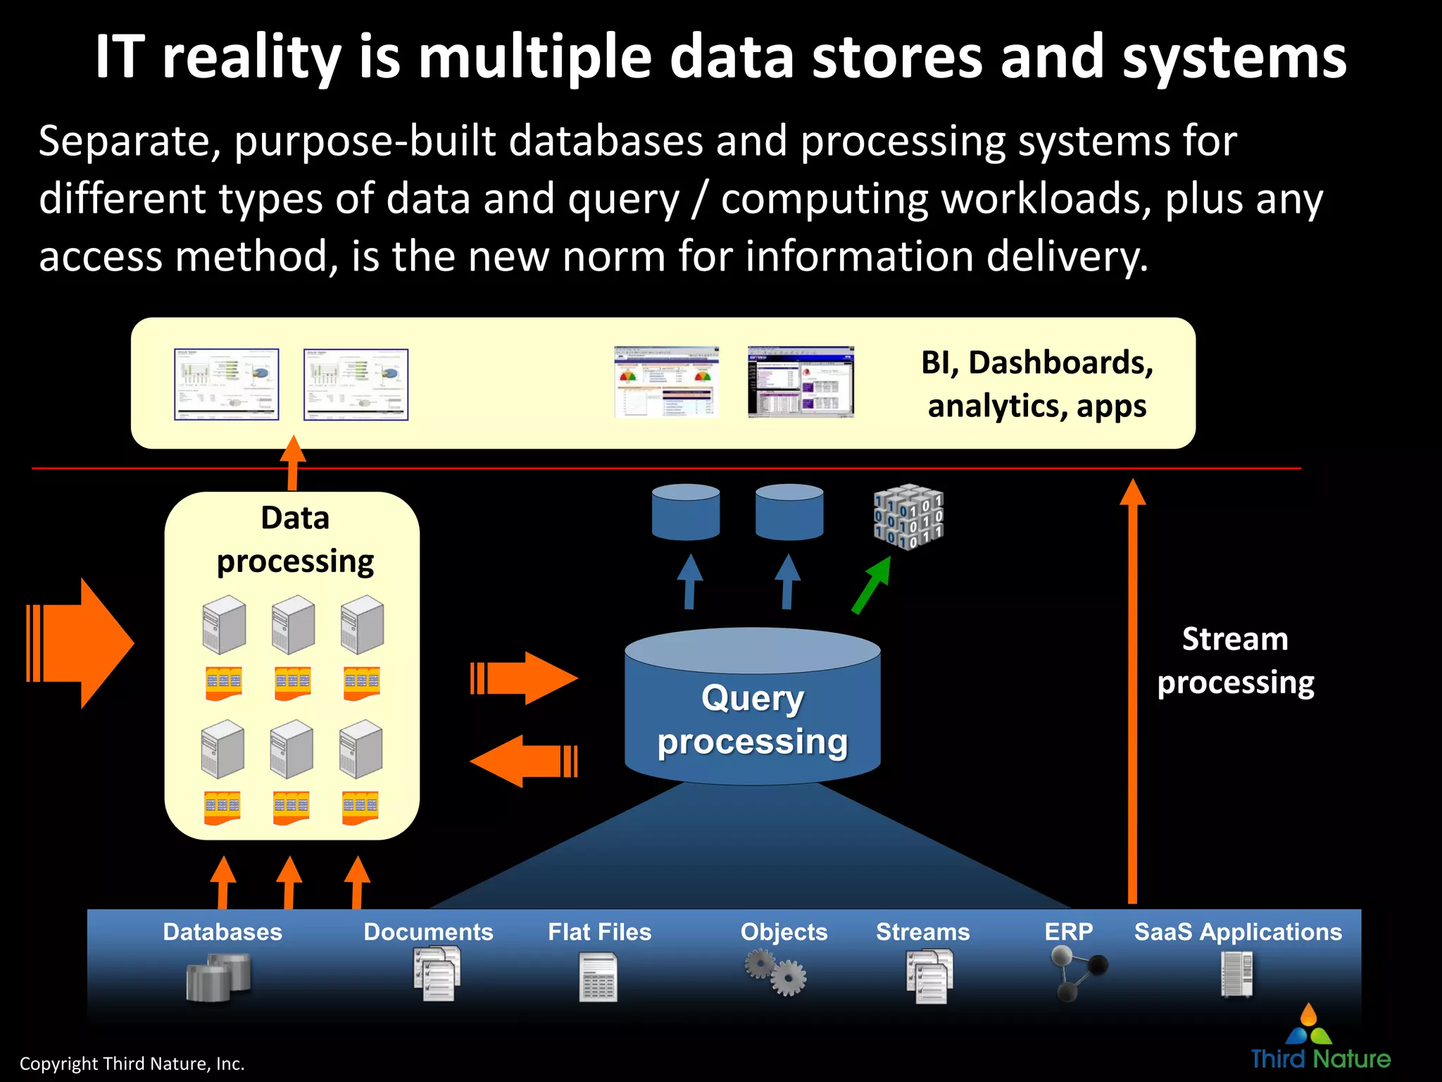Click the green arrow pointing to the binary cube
[x=871, y=585]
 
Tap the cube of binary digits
[x=908, y=517]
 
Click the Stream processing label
[x=1236, y=661]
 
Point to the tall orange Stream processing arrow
[x=1132, y=690]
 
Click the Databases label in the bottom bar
[x=222, y=932]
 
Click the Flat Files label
[x=599, y=932]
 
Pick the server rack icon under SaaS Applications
[x=1237, y=974]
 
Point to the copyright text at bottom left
[x=132, y=1064]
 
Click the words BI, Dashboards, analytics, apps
[x=1036, y=384]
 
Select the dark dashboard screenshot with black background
[x=801, y=382]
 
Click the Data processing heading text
[x=295, y=540]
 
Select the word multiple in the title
[x=535, y=58]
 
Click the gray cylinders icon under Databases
[x=218, y=977]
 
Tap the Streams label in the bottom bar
[x=922, y=932]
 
